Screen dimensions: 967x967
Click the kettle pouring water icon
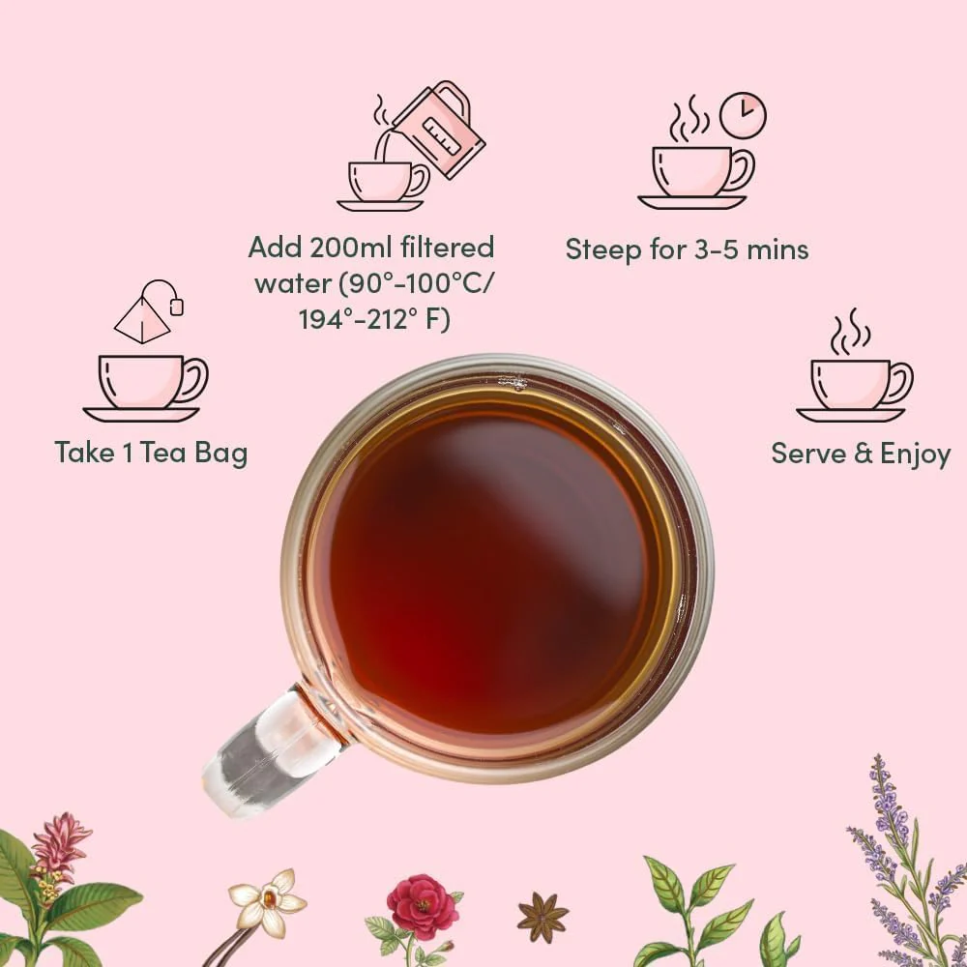[x=439, y=130]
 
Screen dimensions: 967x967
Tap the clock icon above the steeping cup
[x=743, y=115]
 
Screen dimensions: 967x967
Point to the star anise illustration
[x=542, y=918]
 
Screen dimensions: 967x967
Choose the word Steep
[x=603, y=250]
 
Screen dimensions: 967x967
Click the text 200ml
[x=350, y=248]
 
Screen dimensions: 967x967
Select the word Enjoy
[x=915, y=454]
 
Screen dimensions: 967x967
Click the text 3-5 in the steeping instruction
[x=717, y=249]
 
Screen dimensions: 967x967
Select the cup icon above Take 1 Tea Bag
[x=146, y=388]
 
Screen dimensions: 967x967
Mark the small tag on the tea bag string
[x=177, y=307]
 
